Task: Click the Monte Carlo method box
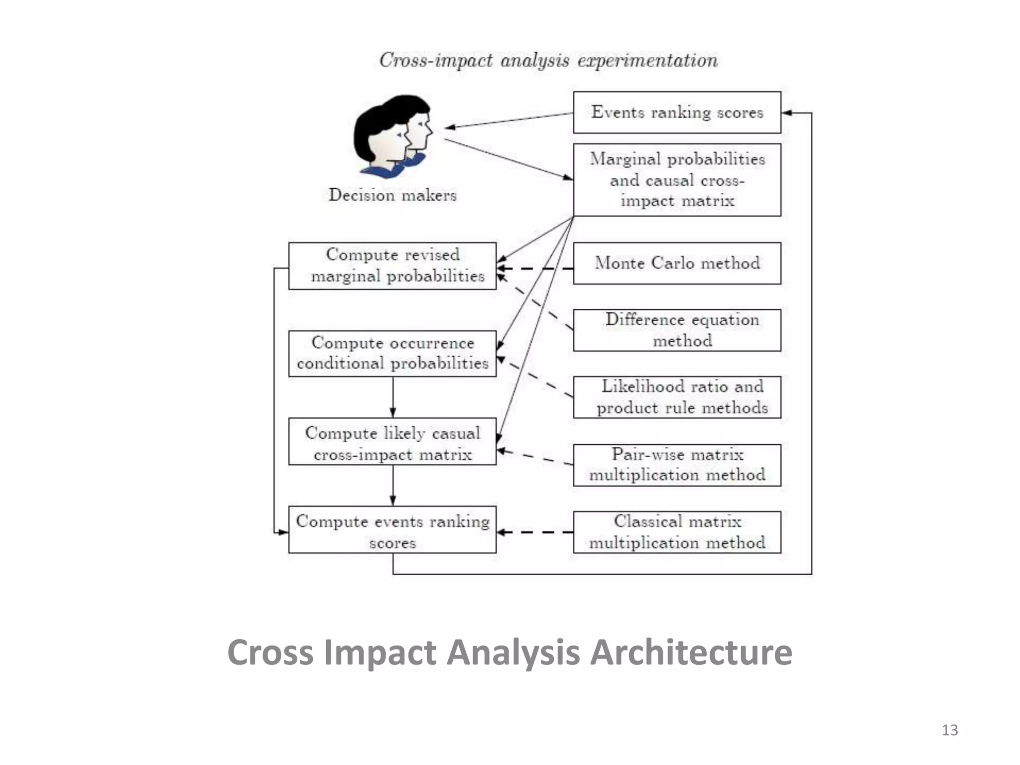[x=677, y=263]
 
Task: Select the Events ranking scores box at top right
[x=677, y=112]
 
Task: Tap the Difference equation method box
[x=677, y=330]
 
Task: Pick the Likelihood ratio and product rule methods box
[x=677, y=397]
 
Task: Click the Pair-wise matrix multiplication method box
[x=677, y=465]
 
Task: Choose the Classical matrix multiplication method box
[x=677, y=532]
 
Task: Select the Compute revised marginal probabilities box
[x=392, y=265]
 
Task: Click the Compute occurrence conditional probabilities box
[x=392, y=353]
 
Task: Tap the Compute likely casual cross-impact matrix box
[x=392, y=441]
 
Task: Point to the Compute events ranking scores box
[x=392, y=529]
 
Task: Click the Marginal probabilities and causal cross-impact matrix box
[x=677, y=180]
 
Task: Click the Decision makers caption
[x=392, y=195]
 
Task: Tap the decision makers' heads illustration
[x=391, y=135]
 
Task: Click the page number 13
[x=949, y=730]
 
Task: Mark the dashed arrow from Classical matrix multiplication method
[x=535, y=532]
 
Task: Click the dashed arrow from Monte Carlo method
[x=535, y=268]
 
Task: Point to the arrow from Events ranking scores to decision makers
[x=508, y=121]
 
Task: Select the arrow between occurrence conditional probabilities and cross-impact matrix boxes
[x=392, y=397]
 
